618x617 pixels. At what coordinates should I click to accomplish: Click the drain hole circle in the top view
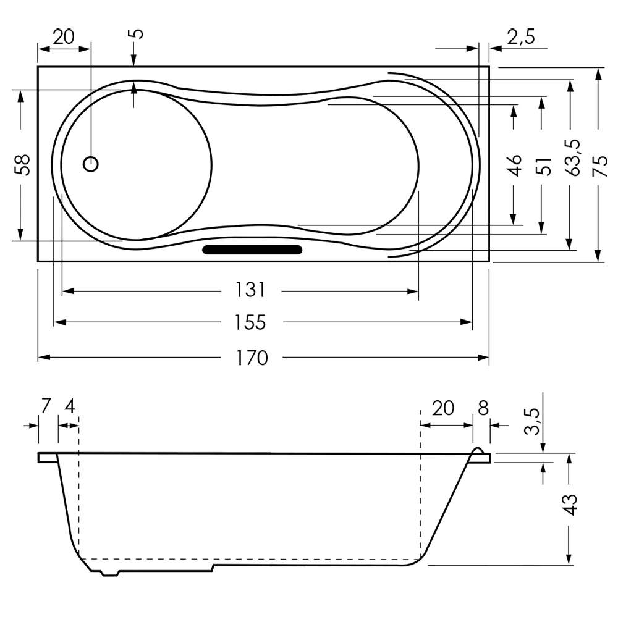(x=91, y=164)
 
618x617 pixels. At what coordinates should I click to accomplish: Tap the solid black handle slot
(x=252, y=250)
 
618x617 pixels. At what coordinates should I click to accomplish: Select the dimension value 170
(x=252, y=358)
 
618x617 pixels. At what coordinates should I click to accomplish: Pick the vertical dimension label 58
(x=23, y=165)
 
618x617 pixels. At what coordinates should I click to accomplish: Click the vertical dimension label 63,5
(x=572, y=158)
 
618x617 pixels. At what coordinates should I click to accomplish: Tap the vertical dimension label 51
(x=544, y=166)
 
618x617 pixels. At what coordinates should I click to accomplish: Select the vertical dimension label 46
(x=515, y=166)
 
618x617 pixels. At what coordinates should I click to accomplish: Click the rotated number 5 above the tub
(x=137, y=33)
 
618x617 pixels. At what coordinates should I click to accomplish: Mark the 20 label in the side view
(x=442, y=408)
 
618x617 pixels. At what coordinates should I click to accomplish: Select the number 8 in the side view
(x=483, y=408)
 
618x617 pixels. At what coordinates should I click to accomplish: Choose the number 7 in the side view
(x=45, y=406)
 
